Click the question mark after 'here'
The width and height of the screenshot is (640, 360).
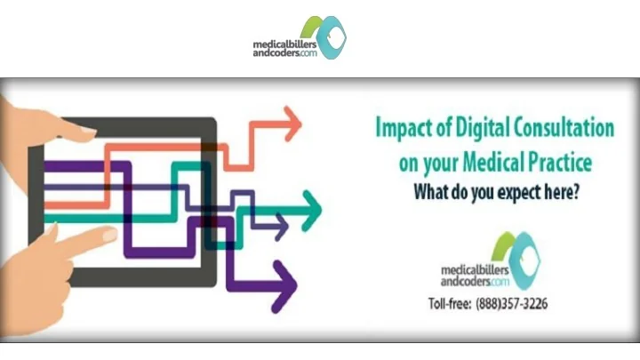point(575,192)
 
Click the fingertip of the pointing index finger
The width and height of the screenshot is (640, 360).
point(108,235)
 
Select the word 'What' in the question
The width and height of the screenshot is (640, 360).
point(429,193)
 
